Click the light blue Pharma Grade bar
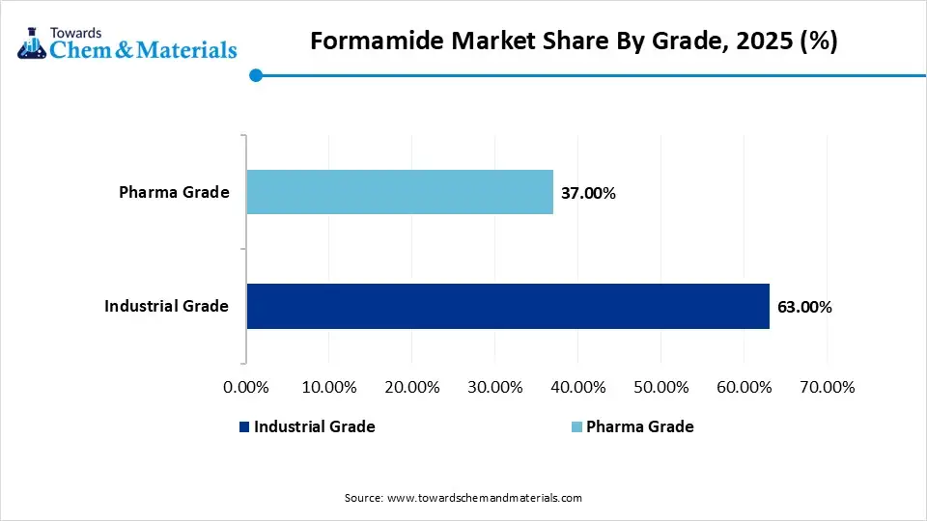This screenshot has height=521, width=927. (400, 192)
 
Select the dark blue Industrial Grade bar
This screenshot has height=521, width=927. (508, 306)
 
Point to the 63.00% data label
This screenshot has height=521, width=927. (803, 307)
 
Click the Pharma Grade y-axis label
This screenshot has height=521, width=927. (174, 192)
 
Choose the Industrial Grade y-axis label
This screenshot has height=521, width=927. (167, 306)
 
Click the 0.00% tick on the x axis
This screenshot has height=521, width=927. (246, 387)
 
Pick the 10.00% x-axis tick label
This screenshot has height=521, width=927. (329, 387)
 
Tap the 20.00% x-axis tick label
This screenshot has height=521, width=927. (412, 387)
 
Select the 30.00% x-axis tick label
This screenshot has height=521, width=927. (495, 387)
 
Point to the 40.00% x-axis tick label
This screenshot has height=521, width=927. (578, 387)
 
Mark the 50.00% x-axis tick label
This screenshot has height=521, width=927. (661, 387)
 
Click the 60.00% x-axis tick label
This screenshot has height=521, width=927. (744, 387)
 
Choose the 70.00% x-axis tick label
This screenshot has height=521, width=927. (828, 387)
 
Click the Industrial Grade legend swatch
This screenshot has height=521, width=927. (244, 426)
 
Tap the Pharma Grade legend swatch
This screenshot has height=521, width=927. (576, 426)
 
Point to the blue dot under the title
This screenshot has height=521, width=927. (256, 75)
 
